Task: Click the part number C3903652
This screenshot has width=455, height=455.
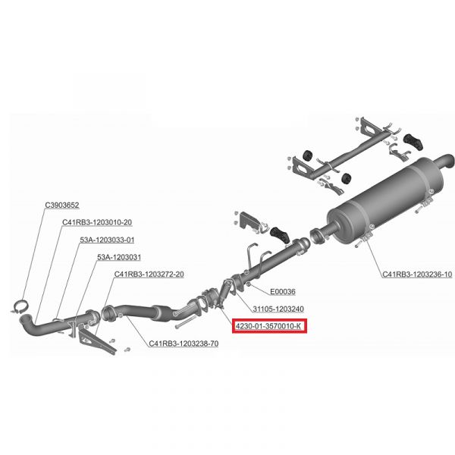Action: tap(62, 206)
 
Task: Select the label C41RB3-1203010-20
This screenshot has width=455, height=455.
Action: tap(97, 222)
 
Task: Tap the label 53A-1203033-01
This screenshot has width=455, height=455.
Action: tap(107, 240)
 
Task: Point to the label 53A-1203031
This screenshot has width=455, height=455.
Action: tap(119, 257)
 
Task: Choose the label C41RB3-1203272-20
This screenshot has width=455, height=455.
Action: tap(149, 275)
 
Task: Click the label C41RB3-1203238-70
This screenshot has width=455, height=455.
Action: tap(184, 344)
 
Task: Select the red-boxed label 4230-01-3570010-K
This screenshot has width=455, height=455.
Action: tap(269, 326)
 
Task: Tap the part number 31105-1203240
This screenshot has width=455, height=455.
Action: tap(278, 309)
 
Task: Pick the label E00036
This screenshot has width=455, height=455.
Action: tap(283, 292)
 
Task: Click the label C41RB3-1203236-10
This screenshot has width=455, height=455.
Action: tap(417, 275)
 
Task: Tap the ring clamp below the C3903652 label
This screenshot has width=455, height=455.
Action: tap(20, 306)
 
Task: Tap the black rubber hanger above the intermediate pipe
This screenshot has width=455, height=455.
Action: tap(279, 234)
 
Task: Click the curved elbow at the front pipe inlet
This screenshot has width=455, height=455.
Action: tap(29, 325)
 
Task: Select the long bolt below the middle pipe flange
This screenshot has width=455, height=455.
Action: tap(185, 322)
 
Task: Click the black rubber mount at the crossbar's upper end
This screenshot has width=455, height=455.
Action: tap(413, 142)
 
